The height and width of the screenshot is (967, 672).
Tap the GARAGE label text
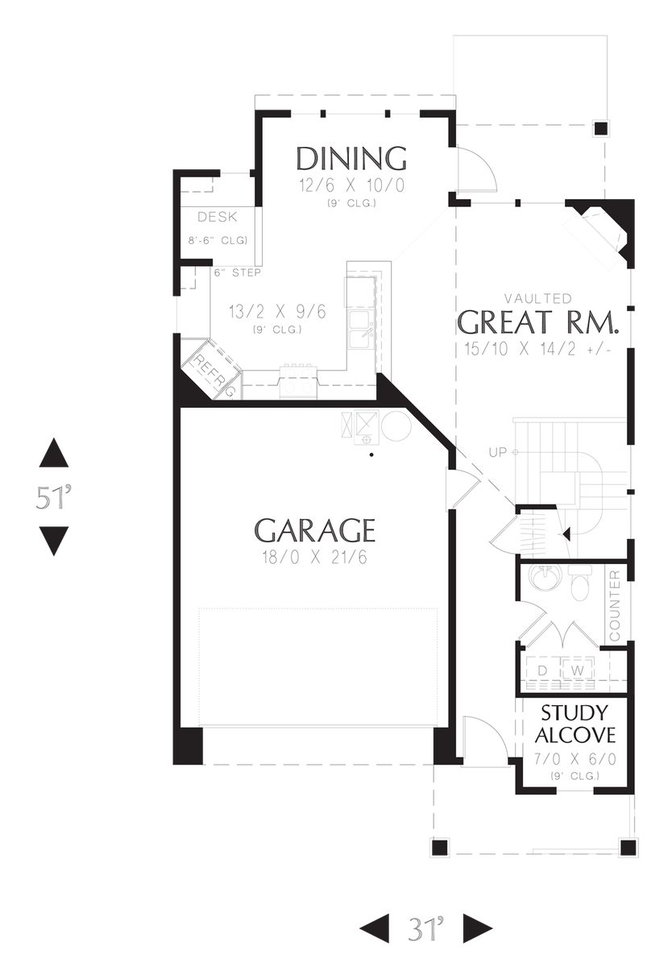tap(314, 531)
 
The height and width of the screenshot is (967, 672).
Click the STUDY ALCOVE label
tap(575, 724)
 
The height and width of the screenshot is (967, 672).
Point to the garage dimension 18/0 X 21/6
tap(314, 557)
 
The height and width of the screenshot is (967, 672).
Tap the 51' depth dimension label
tap(54, 497)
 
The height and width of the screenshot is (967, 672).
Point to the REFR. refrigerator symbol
tap(211, 371)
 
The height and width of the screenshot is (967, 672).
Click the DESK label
tap(217, 217)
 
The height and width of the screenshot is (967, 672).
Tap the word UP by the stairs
tap(497, 452)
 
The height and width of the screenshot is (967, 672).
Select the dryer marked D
tap(542, 670)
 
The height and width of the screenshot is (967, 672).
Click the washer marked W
tap(577, 670)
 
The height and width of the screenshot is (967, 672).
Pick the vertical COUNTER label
tap(616, 605)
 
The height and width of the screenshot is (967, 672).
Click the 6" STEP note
tap(237, 272)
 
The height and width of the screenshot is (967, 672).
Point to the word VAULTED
tap(538, 298)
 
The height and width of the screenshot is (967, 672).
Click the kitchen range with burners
tap(299, 382)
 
